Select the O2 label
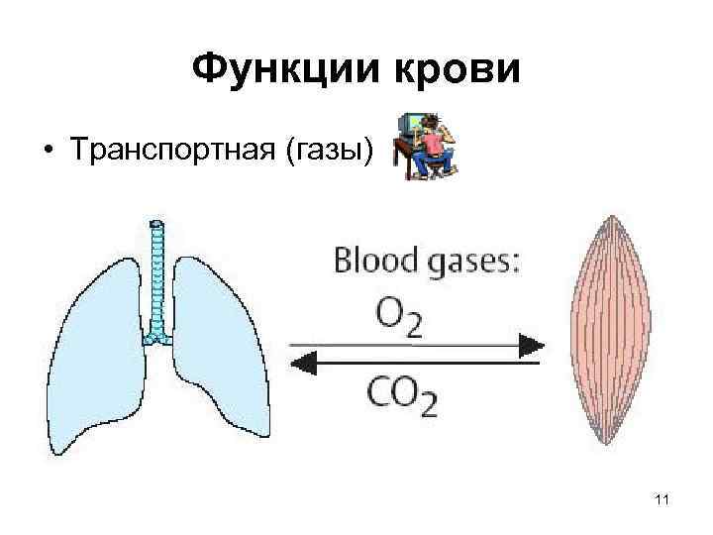pos(398,317)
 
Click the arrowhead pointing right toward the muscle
pos(533,345)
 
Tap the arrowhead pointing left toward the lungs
pos(300,365)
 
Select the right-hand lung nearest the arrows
pos(220,347)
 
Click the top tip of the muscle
pos(604,215)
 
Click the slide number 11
pos(662,500)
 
